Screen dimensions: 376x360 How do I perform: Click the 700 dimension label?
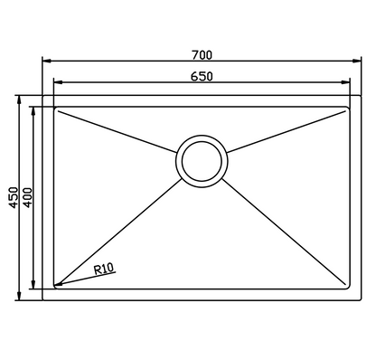[202, 55]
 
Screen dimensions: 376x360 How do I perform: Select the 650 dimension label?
[202, 77]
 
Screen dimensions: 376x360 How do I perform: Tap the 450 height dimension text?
[14, 198]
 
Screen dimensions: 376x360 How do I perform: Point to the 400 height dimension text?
[27, 198]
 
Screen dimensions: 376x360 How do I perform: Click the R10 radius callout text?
[104, 269]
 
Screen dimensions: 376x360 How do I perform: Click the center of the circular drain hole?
[202, 161]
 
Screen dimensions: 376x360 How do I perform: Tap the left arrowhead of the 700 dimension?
[46, 61]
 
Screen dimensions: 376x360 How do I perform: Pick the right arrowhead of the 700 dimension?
[357, 61]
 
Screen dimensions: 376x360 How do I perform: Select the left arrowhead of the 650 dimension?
[58, 82]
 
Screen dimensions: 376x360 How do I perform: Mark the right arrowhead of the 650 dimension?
[345, 82]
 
